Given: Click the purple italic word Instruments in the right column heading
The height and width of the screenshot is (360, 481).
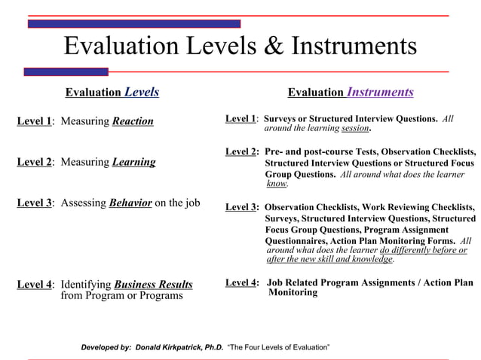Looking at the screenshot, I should [x=380, y=93].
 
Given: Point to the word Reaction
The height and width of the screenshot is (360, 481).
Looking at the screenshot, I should [x=133, y=121].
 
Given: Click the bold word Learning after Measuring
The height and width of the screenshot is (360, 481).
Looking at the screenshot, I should [x=133, y=162].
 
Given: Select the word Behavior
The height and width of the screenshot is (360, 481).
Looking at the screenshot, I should [x=130, y=203].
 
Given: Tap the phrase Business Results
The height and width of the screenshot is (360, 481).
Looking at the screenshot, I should [x=153, y=285].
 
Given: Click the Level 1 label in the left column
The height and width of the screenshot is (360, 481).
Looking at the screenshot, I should [x=34, y=121].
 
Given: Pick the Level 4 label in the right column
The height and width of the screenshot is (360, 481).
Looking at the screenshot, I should [x=241, y=282].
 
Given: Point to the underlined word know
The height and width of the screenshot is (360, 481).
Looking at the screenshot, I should [x=277, y=183].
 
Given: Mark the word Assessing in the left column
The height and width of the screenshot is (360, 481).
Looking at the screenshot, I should [x=84, y=203].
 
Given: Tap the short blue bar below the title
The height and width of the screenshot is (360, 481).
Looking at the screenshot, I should [x=66, y=72].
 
